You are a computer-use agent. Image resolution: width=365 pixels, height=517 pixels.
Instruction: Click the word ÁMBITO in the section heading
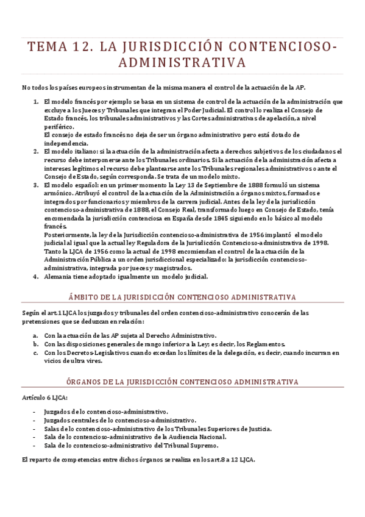(83, 297)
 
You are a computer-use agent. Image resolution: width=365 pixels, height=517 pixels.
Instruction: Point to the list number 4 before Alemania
(35, 276)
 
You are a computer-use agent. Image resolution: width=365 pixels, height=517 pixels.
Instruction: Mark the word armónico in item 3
(59, 192)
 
